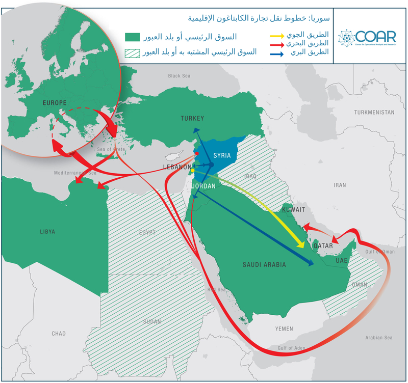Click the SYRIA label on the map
[222, 155]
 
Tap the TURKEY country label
[192, 119]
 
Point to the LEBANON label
[176, 167]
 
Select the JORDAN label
[204, 186]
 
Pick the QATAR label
[323, 245]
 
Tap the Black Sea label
[179, 76]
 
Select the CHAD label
[59, 334]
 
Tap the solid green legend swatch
[132, 37]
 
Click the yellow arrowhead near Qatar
[302, 245]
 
